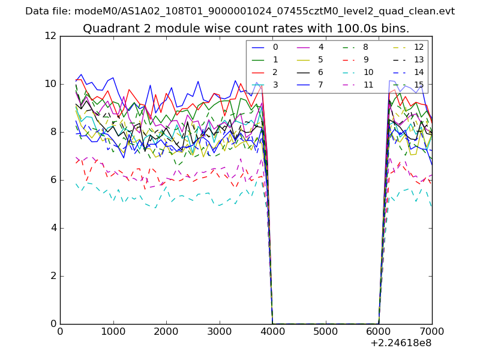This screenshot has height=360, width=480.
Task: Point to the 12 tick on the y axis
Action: pyautogui.click(x=51, y=36)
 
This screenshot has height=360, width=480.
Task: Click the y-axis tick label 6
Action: pyautogui.click(x=53, y=180)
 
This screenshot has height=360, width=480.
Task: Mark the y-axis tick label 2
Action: pyautogui.click(x=53, y=276)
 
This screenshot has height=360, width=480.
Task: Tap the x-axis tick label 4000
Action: pyautogui.click(x=272, y=331)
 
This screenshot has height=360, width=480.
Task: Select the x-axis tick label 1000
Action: pyautogui.click(x=113, y=331)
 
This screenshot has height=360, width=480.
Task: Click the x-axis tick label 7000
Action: pyautogui.click(x=432, y=331)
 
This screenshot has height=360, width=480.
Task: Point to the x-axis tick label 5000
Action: pyautogui.click(x=326, y=331)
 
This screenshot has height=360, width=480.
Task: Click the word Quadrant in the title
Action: pyautogui.click(x=108, y=29)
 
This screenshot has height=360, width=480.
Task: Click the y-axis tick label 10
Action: pyautogui.click(x=51, y=84)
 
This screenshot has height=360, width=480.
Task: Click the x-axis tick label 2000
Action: pyautogui.click(x=166, y=331)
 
